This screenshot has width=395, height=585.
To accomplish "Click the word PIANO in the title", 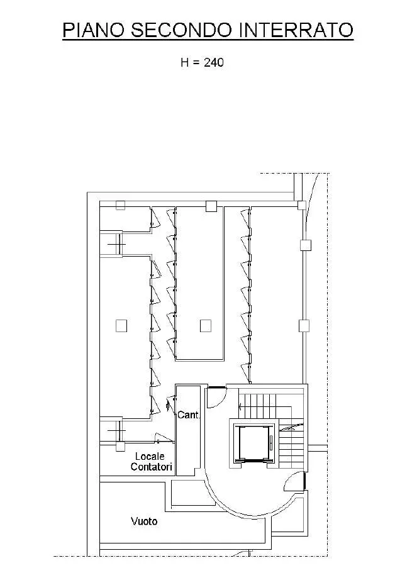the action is [93, 30].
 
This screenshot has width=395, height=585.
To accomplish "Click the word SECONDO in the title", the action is [181, 30].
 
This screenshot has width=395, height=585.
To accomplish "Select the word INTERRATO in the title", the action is [296, 30].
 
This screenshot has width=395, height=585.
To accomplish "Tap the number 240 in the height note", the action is [214, 62].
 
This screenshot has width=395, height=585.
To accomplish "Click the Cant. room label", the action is [189, 415].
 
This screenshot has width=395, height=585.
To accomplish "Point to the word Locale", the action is [150, 456].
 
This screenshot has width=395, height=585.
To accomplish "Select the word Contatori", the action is [152, 467].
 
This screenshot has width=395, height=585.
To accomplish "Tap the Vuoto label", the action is [144, 521].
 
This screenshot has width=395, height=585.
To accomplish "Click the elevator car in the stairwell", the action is [253, 443].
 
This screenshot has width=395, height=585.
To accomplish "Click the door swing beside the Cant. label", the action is [170, 404].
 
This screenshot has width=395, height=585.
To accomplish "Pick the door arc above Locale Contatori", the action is [164, 437].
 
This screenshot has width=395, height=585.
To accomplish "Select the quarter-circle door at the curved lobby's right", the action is [294, 481].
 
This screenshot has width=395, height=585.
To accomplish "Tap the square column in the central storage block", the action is [206, 326].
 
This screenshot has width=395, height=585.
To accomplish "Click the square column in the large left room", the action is [121, 326].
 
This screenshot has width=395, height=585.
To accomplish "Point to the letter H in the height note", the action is [185, 62].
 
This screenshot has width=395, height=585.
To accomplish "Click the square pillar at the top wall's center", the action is [211, 206].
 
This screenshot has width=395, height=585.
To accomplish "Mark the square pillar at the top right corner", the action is [301, 205].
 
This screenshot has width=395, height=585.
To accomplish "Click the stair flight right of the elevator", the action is [292, 448].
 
